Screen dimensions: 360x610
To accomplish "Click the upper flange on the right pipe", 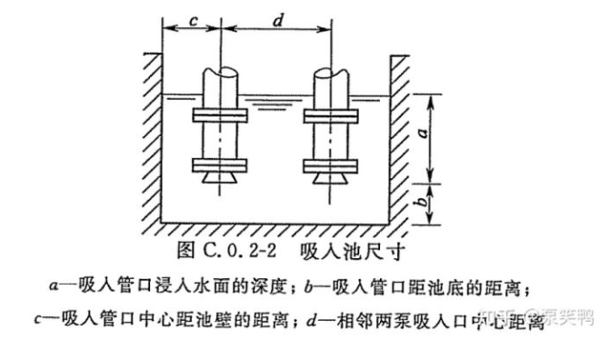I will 331,117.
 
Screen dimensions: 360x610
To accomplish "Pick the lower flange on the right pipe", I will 331,165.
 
